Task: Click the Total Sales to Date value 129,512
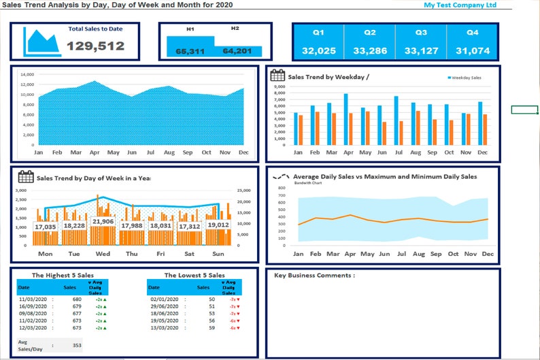coord(95,46)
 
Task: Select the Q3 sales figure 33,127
coord(421,51)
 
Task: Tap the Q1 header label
coord(318,33)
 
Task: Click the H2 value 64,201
coord(237,51)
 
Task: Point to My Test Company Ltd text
coord(460,5)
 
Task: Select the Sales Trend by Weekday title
coord(328,77)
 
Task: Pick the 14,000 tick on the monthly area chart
coord(27,74)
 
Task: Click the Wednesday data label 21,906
coord(103,222)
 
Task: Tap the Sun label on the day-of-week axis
coord(218,254)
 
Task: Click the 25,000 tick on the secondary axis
coord(243,191)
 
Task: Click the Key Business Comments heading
coord(314,276)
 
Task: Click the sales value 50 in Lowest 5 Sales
coord(212,299)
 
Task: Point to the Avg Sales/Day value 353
coord(76,345)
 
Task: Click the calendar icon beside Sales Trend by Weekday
coord(277,76)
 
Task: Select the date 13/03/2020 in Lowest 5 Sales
coord(163,328)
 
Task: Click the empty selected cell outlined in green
coord(524,110)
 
